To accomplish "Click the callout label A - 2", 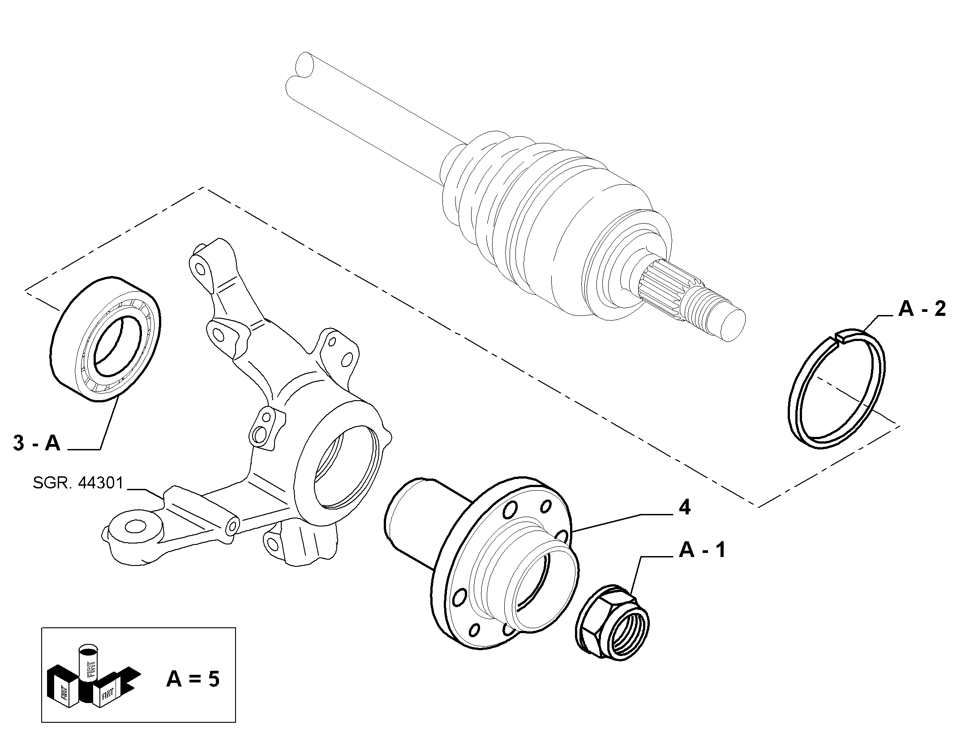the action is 922,309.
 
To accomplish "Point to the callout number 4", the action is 685,508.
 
